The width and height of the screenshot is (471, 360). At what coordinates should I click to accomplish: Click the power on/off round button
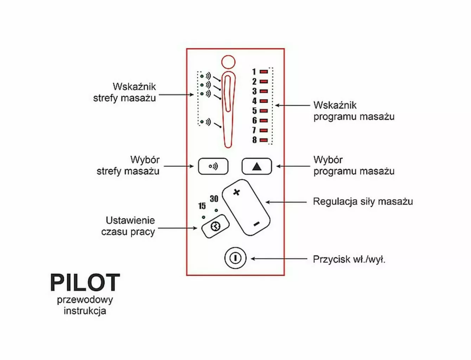click(x=235, y=258)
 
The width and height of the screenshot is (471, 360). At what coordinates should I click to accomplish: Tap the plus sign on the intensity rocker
click(x=237, y=192)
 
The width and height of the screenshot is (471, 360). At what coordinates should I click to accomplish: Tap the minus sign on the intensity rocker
click(x=256, y=224)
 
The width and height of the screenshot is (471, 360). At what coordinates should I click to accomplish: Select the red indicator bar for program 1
click(x=264, y=72)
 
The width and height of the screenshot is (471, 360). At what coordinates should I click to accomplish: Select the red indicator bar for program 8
click(x=264, y=140)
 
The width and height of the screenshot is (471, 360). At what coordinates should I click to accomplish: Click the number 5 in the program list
click(x=254, y=111)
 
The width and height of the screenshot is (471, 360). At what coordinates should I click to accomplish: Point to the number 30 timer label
click(x=214, y=199)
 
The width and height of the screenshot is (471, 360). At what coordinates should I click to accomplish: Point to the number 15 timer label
click(x=202, y=206)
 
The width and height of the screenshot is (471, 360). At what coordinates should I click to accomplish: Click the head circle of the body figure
click(x=228, y=62)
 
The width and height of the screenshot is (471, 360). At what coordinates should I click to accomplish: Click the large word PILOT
click(x=85, y=283)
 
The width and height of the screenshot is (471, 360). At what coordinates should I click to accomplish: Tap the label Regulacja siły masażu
click(x=363, y=201)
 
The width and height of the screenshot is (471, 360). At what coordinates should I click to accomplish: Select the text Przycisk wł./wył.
click(x=349, y=259)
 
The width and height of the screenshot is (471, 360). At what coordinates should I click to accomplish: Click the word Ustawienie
click(x=130, y=220)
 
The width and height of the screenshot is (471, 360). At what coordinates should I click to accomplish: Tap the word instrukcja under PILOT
click(x=85, y=311)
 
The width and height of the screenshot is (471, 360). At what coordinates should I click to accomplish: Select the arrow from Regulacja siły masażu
click(x=286, y=202)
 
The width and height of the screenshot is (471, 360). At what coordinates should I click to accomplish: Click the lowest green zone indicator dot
click(x=202, y=122)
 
